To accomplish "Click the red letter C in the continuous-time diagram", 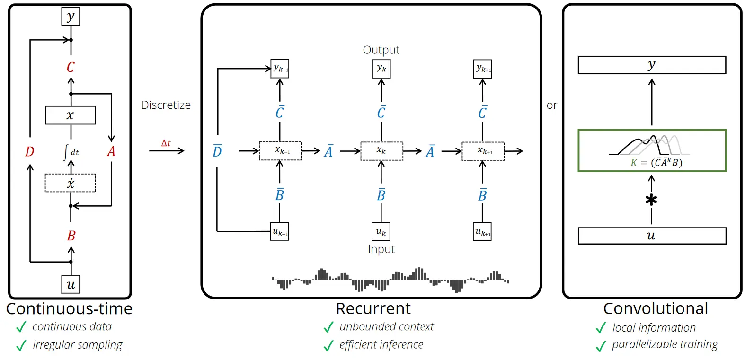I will (71, 67).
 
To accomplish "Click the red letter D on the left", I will (29, 152).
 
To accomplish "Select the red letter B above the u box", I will (71, 236).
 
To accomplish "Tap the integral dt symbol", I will (71, 152).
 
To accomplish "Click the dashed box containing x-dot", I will (70, 183).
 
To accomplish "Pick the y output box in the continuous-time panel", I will (71, 17).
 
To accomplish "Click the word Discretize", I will (166, 105).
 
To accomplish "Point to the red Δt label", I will (166, 143).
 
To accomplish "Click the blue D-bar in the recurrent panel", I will (217, 151).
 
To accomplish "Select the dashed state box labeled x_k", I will (381, 151).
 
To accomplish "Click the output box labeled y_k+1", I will (483, 69).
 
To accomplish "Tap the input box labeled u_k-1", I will (280, 232).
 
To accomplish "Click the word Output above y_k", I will (381, 50).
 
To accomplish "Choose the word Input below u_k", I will (381, 249).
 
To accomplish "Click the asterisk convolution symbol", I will (651, 200).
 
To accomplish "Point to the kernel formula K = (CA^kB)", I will (656, 162).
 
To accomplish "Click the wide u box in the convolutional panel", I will (652, 236).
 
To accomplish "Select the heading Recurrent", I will (373, 308).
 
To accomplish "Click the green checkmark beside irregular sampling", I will (21, 346).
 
